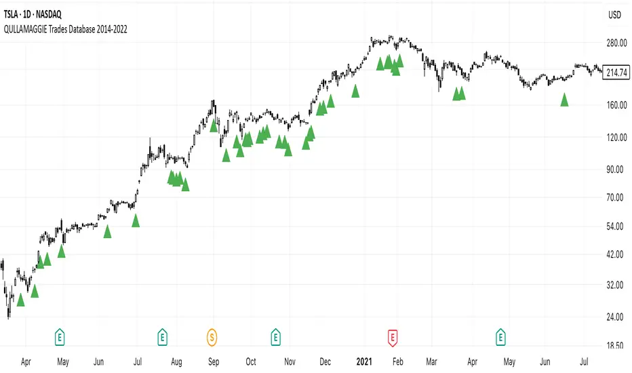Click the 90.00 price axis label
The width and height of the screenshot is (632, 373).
coord(614,169)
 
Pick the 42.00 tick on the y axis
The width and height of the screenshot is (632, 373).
coord(614,254)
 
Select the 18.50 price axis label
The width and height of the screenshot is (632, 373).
coord(614,345)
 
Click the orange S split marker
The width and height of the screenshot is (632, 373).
coord(213,335)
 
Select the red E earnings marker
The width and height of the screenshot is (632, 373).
coord(393,335)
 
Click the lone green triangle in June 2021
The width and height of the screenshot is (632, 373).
coord(564,100)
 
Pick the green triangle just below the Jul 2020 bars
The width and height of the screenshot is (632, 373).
coord(136,220)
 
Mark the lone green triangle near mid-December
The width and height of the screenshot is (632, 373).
coord(355,91)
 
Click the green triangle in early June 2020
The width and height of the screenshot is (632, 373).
coord(107,232)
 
